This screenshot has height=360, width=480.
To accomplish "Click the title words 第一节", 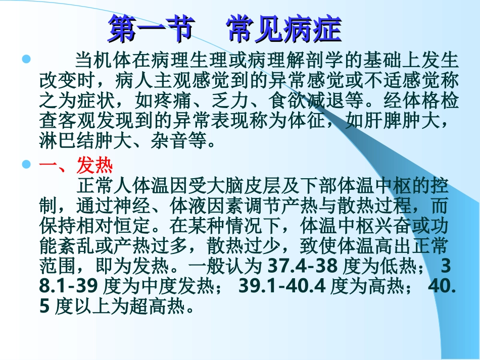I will click(x=151, y=29).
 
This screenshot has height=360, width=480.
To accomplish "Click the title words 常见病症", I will click(x=284, y=29).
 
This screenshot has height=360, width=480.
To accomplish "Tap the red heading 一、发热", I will click(x=76, y=165).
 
